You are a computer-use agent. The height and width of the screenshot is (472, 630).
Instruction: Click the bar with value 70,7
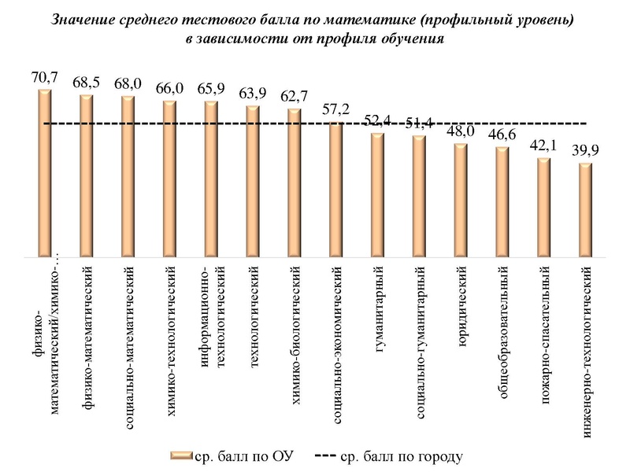click(44, 173)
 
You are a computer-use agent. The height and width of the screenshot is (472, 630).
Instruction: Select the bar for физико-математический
click(86, 177)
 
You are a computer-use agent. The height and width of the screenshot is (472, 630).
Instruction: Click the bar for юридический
click(461, 201)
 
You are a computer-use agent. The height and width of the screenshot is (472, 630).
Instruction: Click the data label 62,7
click(294, 95)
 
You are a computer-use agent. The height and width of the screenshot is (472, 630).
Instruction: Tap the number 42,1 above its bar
click(543, 145)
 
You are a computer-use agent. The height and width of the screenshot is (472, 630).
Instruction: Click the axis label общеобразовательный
click(502, 323)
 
